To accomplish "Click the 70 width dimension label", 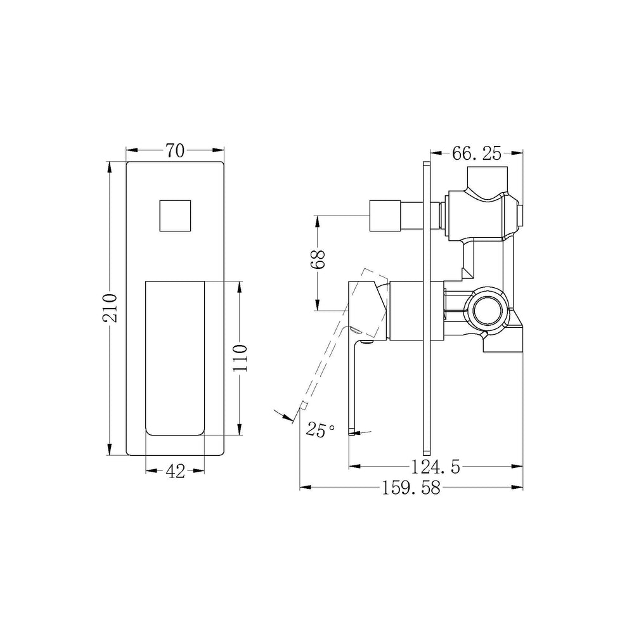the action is [x=175, y=151].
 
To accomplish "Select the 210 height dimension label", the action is [x=110, y=308].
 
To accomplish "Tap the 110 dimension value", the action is [x=240, y=359].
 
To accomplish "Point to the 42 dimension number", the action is [x=176, y=471].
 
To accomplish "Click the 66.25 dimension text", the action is [x=477, y=153].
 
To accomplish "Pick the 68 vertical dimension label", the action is [x=318, y=259].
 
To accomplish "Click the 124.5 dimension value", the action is [x=436, y=467].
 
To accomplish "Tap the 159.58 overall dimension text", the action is [x=411, y=488].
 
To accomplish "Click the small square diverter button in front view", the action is [x=175, y=216].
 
